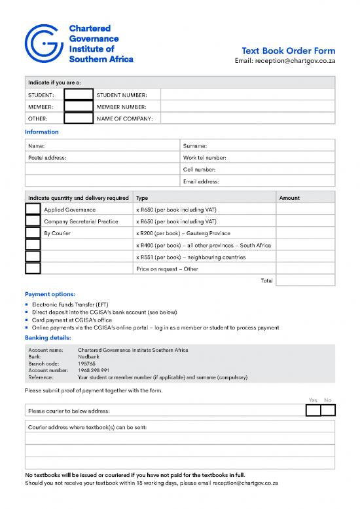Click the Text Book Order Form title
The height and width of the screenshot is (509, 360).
(288, 51)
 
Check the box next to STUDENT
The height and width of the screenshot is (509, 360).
(79, 95)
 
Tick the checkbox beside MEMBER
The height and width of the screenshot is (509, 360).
(79, 107)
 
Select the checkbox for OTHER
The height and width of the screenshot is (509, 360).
(79, 119)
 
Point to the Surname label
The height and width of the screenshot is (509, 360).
(195, 146)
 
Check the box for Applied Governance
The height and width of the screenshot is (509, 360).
(33, 210)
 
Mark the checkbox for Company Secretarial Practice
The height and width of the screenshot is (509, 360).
(33, 221)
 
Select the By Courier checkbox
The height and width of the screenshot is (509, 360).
(33, 233)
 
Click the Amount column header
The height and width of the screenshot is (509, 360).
(289, 198)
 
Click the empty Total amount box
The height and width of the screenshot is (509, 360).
(305, 280)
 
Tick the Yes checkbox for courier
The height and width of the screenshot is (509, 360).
(314, 411)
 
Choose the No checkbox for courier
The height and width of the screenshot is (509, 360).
(328, 411)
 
